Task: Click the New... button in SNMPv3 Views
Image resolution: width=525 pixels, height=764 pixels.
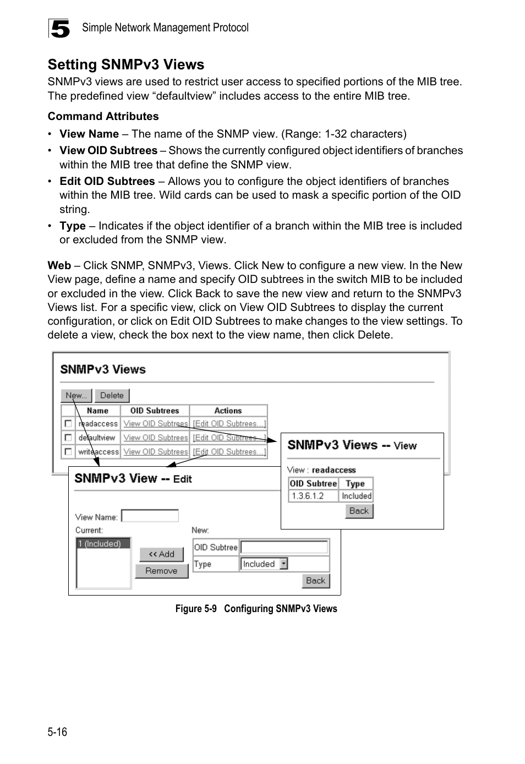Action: coord(76,395)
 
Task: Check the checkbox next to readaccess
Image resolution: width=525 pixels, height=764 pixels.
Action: coord(68,423)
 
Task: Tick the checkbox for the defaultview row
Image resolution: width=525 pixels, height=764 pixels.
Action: coord(68,438)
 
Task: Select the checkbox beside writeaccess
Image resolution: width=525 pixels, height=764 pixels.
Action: coord(68,451)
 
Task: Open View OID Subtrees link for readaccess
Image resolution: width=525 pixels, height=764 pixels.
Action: coord(155,424)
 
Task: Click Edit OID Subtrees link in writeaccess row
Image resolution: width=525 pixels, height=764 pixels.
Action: coord(229,452)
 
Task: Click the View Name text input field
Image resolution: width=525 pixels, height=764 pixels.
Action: coord(150,516)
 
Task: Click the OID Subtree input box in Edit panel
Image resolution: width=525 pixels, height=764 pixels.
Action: coord(284,547)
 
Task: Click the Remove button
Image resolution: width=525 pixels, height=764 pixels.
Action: coord(161,571)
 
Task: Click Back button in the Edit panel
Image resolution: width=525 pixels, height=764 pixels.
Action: coord(315,581)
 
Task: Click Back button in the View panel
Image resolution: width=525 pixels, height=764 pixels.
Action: coord(359,511)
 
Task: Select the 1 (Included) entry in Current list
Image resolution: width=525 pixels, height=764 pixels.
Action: coord(103,544)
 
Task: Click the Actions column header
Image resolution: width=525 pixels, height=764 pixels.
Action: coord(228,411)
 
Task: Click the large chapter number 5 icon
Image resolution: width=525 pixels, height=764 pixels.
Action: coord(59,29)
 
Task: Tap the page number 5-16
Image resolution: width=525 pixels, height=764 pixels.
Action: coord(57,732)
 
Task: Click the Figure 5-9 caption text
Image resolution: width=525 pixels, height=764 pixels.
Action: coord(256,609)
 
